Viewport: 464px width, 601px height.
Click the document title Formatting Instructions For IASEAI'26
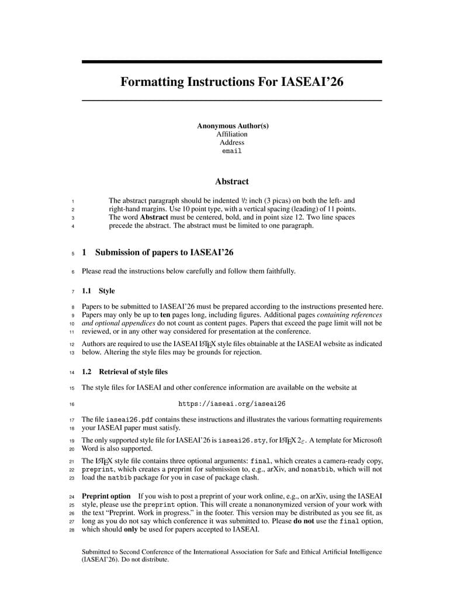(x=231, y=81)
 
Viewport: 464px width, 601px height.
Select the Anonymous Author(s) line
(x=232, y=126)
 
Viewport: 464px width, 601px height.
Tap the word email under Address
(x=232, y=151)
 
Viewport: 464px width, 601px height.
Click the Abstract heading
(x=231, y=182)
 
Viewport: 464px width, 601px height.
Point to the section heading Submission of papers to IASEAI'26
(x=165, y=253)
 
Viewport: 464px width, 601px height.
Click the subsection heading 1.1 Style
(x=98, y=291)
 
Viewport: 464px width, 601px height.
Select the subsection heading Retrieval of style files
(x=133, y=371)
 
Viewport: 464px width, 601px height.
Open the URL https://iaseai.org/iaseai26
(x=231, y=403)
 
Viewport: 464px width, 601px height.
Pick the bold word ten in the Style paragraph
(x=165, y=315)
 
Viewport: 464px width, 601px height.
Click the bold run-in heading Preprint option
(x=106, y=496)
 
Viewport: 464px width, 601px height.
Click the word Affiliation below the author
(x=232, y=134)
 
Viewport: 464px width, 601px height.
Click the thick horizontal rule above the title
(x=231, y=61)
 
